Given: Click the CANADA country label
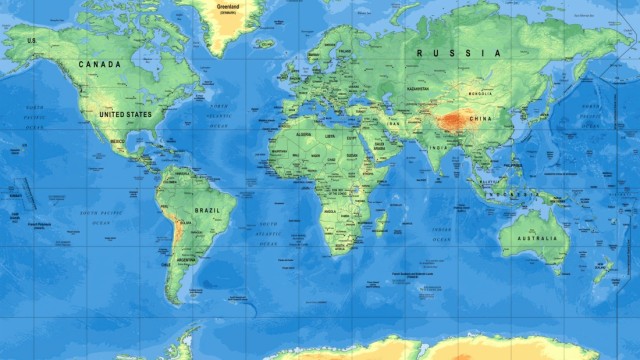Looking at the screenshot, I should click(x=100, y=65).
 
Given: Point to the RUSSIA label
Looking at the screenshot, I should click(x=459, y=52).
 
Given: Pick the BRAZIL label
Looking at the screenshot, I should click(x=208, y=210).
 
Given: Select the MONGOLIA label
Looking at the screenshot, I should click(x=480, y=94).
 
